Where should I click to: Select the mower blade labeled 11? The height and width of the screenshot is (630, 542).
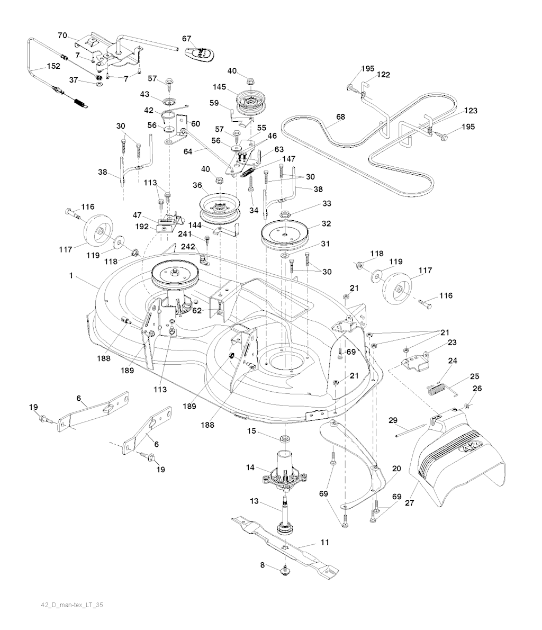286,545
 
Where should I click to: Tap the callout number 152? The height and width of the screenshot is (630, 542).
53,67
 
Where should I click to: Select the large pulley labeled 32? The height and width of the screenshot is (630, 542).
286,233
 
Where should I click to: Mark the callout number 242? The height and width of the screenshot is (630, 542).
189,246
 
